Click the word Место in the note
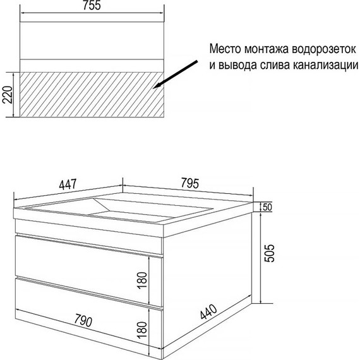coord(226,48)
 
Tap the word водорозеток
coord(325,48)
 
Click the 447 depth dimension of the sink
coord(67,184)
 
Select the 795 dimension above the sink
coord(189,184)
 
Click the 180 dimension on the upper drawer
coord(143,279)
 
